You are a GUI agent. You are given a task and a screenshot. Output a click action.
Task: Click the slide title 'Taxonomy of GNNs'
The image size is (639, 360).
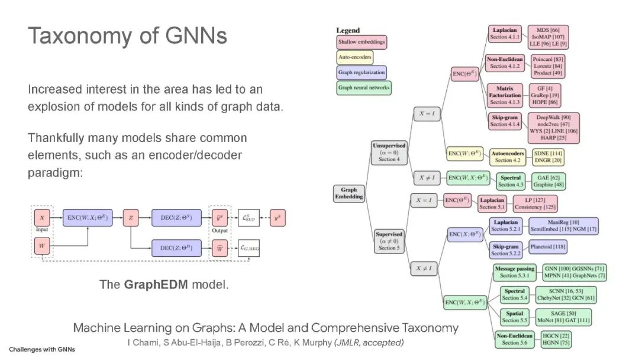pos(127,36)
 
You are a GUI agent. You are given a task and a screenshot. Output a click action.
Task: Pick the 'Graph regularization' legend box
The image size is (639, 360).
pos(362,73)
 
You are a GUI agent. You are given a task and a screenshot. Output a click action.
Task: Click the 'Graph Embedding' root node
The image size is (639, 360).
pos(349,194)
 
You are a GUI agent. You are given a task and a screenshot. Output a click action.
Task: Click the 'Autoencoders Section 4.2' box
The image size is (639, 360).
pos(508,156)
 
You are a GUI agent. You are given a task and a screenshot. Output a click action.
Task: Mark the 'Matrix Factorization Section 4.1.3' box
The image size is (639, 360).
pos(505,95)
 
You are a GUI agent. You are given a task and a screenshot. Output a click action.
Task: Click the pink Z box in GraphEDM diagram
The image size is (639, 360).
pos(130,218)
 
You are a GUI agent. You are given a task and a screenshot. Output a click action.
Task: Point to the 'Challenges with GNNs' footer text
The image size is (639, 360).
pos(41,349)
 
